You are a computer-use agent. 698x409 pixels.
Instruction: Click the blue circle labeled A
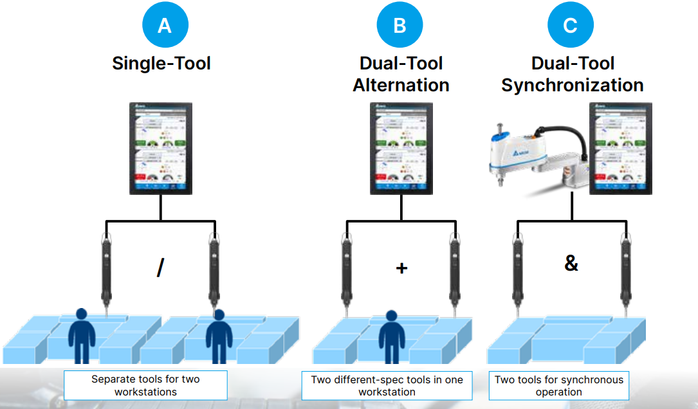click(165, 26)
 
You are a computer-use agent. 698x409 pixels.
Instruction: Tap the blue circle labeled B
click(400, 26)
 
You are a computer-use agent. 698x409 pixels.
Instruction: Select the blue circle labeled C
click(571, 26)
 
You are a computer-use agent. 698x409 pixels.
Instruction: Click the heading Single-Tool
click(161, 63)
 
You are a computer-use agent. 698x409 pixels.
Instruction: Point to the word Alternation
click(401, 85)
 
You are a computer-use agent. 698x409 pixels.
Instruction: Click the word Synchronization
click(572, 85)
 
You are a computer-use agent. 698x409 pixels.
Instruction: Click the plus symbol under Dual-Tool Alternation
click(401, 268)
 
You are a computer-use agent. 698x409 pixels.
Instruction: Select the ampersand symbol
click(571, 263)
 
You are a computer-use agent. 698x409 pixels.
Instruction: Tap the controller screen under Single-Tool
click(161, 149)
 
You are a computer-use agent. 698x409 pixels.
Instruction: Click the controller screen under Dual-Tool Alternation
click(401, 149)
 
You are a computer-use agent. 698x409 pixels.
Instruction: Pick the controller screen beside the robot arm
click(621, 149)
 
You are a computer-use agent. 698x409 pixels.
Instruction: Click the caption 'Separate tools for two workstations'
click(145, 385)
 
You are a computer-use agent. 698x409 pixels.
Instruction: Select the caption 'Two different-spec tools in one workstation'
click(387, 385)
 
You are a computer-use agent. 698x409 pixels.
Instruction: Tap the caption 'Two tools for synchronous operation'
click(558, 385)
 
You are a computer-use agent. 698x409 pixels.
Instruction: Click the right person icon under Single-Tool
click(219, 336)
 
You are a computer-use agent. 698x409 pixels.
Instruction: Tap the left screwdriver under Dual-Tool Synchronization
click(518, 270)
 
